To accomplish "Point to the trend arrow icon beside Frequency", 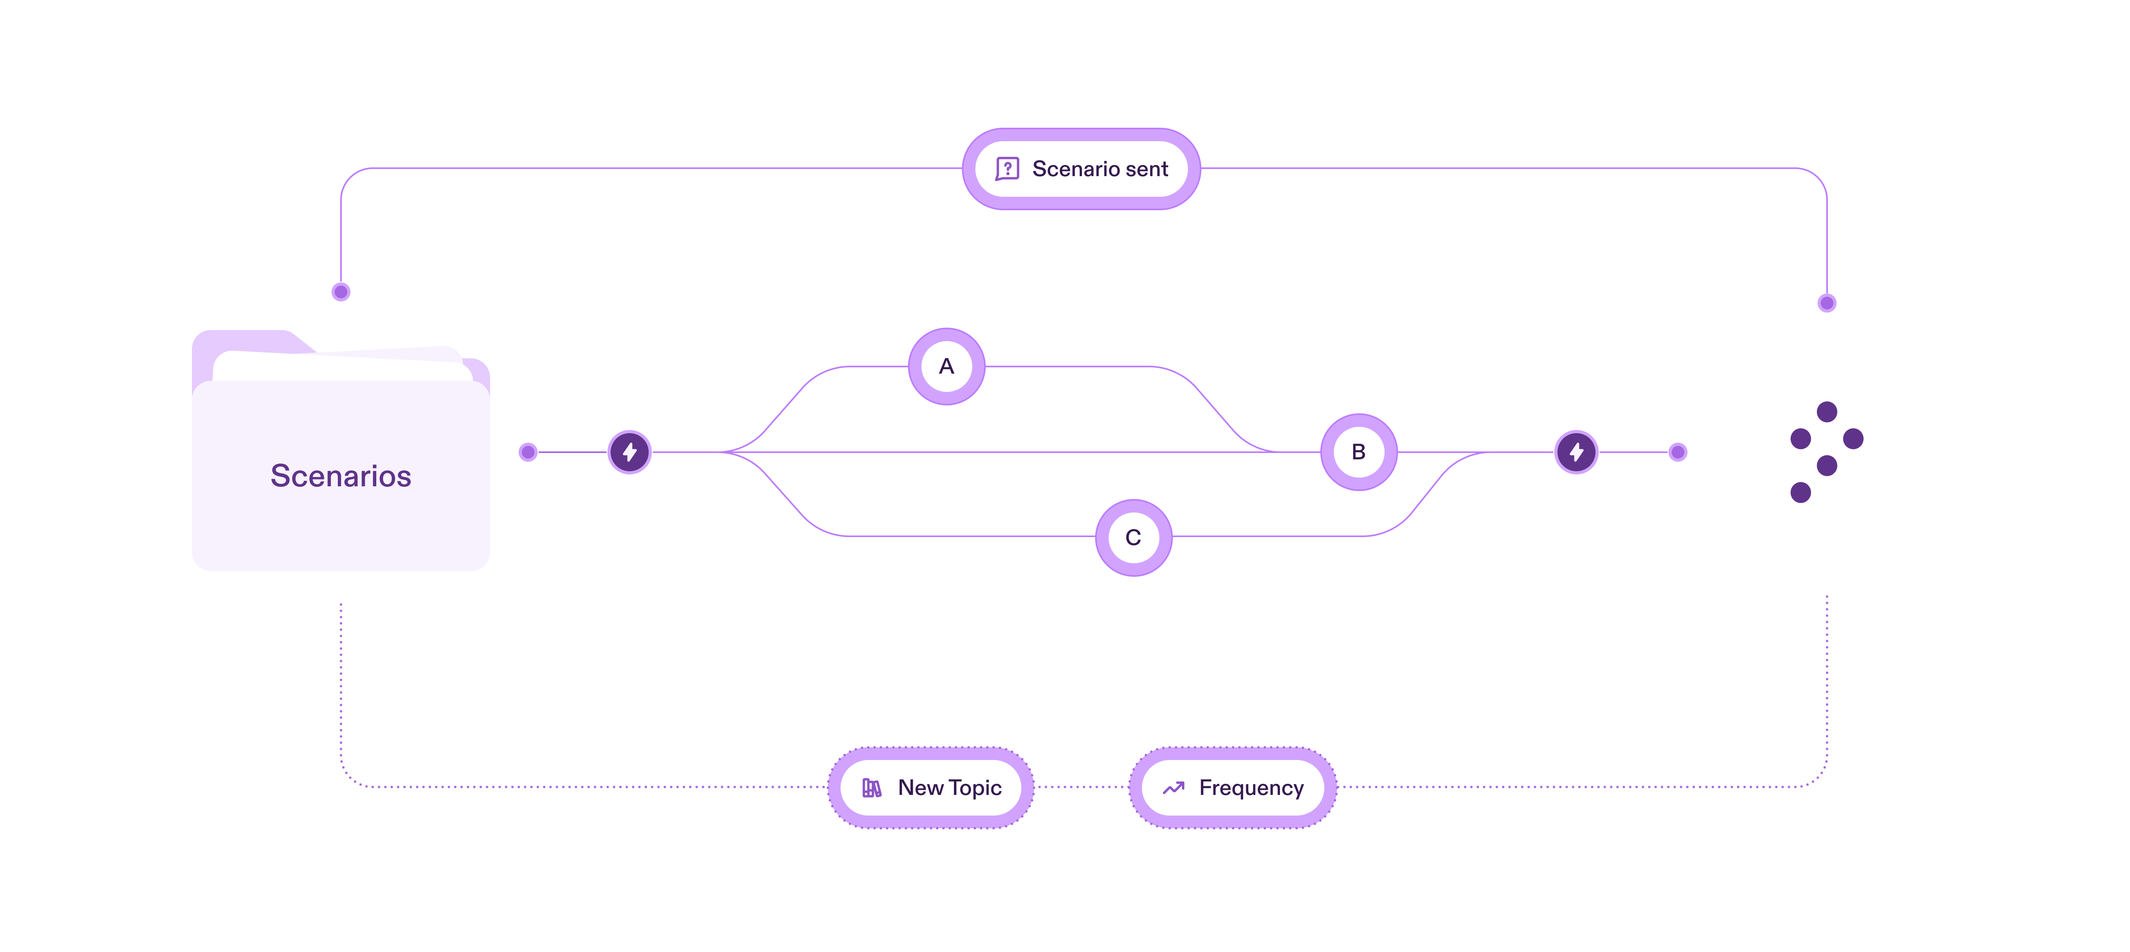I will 1173,788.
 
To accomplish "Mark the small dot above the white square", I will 1827,303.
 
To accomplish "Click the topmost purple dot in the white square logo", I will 1827,411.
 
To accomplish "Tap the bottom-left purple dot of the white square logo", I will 1800,493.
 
